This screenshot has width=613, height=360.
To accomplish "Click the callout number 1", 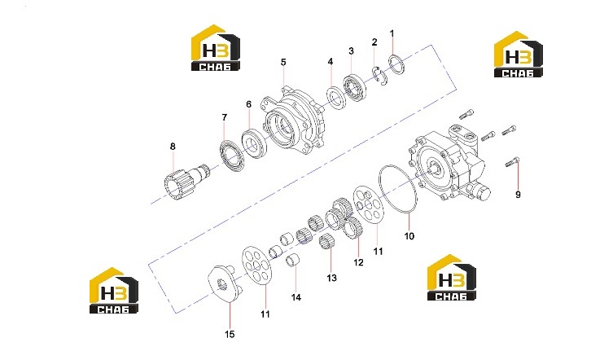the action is click(x=392, y=33).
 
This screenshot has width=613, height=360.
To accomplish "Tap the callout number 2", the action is click(x=374, y=42).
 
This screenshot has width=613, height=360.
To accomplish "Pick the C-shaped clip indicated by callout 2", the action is click(x=379, y=77).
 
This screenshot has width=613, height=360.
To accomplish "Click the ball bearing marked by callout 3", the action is click(x=355, y=89).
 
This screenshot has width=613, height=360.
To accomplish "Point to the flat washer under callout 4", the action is click(x=336, y=97).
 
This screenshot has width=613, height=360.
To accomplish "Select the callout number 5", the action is click(x=283, y=62).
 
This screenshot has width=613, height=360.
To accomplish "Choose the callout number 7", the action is click(x=225, y=117).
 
